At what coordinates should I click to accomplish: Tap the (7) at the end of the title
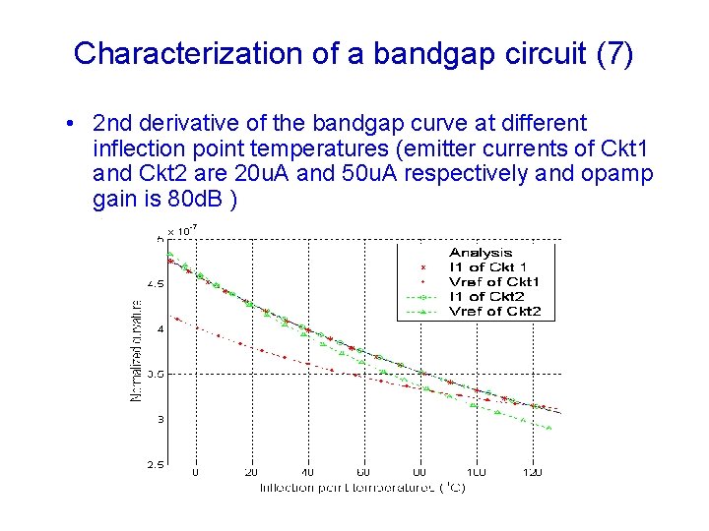pyautogui.click(x=615, y=53)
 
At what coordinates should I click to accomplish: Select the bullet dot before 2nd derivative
pyautogui.click(x=65, y=125)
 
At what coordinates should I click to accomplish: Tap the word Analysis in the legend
pyautogui.click(x=481, y=253)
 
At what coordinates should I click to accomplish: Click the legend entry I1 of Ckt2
pyautogui.click(x=486, y=297)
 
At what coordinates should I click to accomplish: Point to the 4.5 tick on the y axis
pyautogui.click(x=156, y=283)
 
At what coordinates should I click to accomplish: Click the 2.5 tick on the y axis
pyautogui.click(x=156, y=465)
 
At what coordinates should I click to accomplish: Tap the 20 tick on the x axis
pyautogui.click(x=251, y=473)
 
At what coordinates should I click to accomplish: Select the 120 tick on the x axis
pyautogui.click(x=532, y=473)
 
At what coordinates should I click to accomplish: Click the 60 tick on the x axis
pyautogui.click(x=363, y=473)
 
